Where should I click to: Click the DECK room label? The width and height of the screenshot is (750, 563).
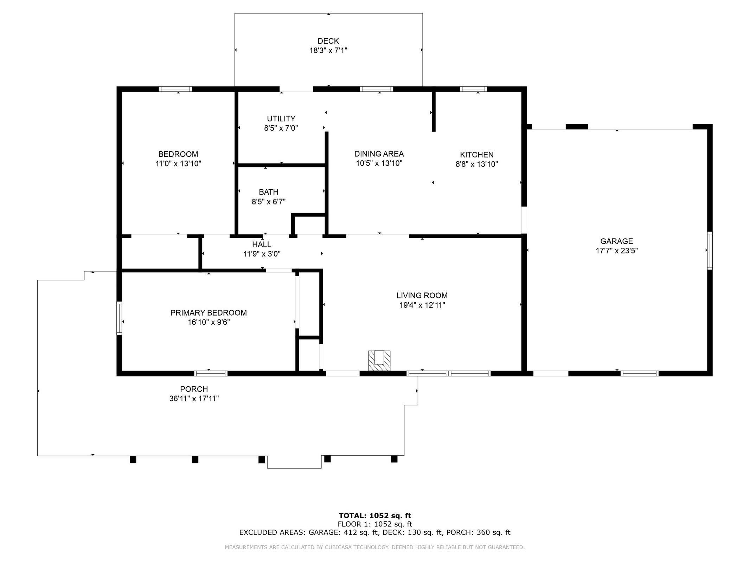point(328,41)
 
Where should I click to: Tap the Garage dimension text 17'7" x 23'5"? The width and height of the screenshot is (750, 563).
point(616,251)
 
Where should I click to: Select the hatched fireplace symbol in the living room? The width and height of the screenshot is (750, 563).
point(379,360)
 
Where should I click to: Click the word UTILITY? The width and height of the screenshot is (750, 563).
point(281,119)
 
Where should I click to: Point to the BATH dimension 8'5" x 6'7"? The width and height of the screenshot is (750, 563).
point(268,202)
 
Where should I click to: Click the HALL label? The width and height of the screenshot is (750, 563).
point(261,244)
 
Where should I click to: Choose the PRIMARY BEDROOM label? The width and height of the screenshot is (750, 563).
point(209,312)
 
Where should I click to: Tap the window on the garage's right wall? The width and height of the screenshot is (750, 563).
point(709,251)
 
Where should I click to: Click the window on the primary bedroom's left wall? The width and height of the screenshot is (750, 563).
point(119,318)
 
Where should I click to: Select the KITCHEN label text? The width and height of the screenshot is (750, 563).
point(476,154)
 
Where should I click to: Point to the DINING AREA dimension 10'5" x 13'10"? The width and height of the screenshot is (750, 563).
point(379,163)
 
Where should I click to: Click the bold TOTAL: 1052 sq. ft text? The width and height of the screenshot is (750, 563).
point(374,515)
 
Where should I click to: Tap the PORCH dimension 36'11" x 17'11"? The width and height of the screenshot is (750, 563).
point(194,398)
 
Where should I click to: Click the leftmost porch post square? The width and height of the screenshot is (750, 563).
point(133,460)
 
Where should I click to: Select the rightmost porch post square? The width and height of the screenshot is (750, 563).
point(394,459)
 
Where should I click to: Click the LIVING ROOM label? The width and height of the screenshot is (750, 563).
point(422,295)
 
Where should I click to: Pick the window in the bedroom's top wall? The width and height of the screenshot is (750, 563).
point(175,89)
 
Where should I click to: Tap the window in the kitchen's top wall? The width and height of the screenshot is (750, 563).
point(474,89)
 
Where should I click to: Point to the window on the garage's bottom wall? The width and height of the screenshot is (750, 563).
point(639,373)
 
